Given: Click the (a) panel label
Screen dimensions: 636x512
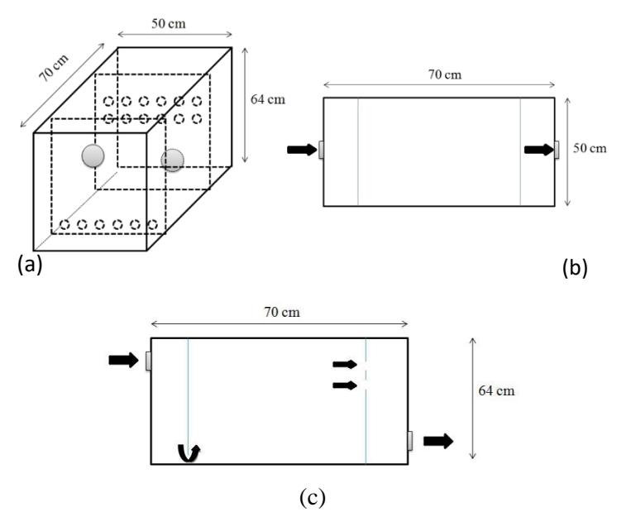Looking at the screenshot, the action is tap(30, 265).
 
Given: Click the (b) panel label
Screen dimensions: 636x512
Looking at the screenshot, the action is tap(575, 268).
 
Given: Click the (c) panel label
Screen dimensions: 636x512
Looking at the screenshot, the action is tap(313, 497).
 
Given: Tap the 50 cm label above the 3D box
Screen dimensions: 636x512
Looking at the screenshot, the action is tap(169, 23).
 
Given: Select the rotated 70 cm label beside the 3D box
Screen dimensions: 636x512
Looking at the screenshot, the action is tap(54, 67).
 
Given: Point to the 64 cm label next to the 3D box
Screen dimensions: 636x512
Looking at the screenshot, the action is tap(268, 99).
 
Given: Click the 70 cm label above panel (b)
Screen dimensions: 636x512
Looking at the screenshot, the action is tap(445, 74).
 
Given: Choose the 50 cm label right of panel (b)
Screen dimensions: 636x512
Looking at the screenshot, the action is tap(590, 148).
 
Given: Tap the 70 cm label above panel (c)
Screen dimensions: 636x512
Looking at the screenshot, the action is tap(282, 312).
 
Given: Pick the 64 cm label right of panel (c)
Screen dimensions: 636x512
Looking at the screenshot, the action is tap(496, 390).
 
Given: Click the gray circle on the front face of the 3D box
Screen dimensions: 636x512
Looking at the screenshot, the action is tap(93, 156).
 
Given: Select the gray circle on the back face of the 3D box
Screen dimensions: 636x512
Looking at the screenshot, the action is tap(172, 160).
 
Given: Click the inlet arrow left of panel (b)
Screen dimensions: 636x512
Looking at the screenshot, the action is tap(302, 150).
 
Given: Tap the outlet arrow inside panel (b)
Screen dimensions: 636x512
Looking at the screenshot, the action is tap(539, 150).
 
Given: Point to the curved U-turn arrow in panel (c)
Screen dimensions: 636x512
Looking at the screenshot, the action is tap(189, 453).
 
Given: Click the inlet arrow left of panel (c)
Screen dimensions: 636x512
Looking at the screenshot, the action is tap(124, 360).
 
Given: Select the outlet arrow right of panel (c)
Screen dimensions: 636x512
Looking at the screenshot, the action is tap(438, 441).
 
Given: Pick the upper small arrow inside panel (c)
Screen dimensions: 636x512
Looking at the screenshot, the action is tap(345, 364).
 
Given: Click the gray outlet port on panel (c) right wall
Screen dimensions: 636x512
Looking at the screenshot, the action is tap(410, 441).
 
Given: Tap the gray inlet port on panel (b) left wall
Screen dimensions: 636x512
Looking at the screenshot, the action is tap(321, 150).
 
